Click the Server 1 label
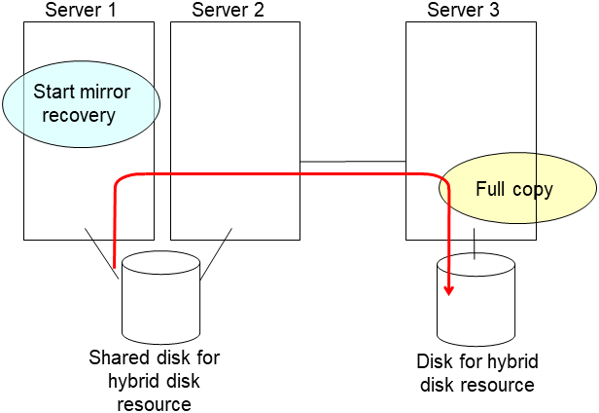coord(83,10)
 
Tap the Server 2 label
coord(229,10)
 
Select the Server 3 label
coord(465,10)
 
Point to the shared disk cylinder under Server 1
coord(160,297)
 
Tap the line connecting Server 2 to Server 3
coord(352,162)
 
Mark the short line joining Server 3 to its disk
coord(475,244)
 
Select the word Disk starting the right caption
coord(434,362)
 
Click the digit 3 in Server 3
coord(496,10)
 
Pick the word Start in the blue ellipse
coord(54,93)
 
